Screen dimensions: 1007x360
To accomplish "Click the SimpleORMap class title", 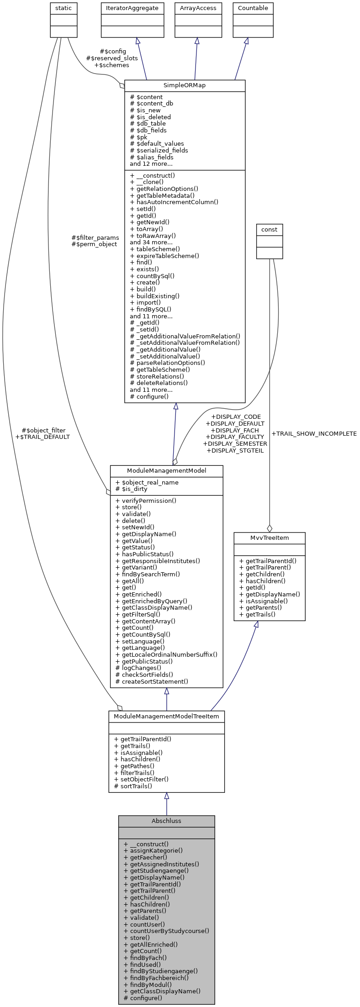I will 185,86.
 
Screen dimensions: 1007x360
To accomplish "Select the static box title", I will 64,8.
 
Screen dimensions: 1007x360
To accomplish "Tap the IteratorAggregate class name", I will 132,8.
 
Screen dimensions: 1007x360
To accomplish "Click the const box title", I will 270,229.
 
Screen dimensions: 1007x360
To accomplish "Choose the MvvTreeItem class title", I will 270,538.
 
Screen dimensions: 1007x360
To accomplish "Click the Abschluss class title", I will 166,821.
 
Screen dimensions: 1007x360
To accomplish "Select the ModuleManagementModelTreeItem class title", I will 166,716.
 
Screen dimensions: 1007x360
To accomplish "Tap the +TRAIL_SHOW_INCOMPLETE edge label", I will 314,433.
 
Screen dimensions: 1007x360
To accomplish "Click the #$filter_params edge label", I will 95,237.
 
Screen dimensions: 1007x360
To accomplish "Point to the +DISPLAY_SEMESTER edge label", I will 235,443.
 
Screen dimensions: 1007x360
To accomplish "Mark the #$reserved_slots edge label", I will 112,58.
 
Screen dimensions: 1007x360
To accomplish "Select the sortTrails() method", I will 136,786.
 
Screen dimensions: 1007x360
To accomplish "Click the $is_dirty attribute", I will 137,489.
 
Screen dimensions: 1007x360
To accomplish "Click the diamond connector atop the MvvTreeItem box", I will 270,528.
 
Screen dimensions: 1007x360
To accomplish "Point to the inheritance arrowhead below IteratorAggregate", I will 138,41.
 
